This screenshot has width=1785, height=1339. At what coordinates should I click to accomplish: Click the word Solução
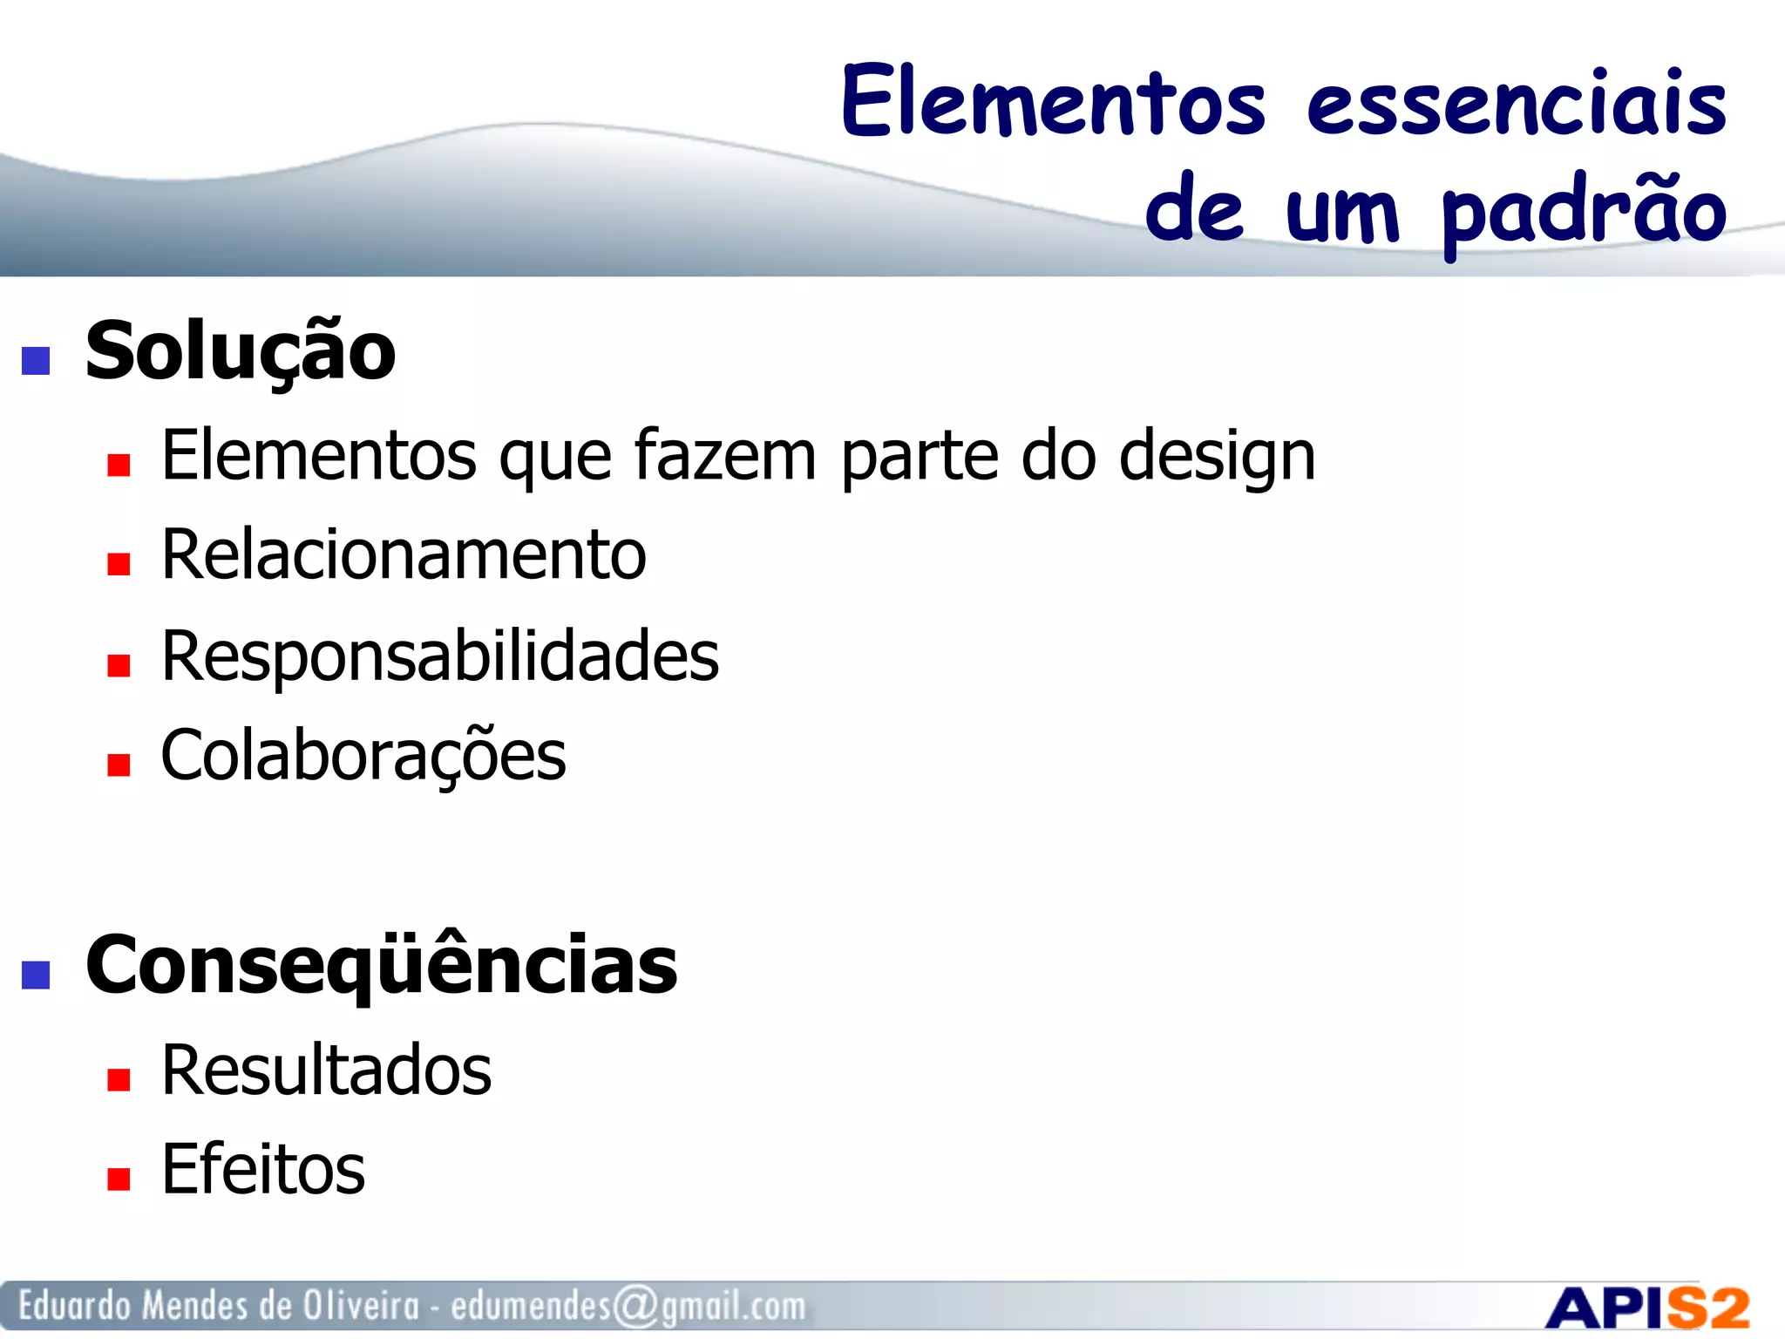pos(241,351)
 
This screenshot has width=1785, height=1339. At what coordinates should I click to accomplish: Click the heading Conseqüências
pos(381,965)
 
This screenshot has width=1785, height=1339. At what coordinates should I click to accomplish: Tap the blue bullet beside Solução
pos(36,360)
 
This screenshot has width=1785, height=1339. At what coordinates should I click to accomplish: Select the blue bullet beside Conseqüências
pos(36,974)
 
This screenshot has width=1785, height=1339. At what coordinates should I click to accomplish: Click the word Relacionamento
pos(404,555)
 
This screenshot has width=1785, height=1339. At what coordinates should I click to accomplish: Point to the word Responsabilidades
pos(440,656)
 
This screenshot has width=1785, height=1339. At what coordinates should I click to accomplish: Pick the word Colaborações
pos(363,755)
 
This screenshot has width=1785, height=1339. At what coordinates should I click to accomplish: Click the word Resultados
pos(327,1071)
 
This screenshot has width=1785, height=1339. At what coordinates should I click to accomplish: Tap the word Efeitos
pos(263,1170)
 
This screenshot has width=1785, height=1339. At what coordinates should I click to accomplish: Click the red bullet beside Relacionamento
pos(119,565)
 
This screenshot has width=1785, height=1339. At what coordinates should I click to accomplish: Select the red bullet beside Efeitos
pos(119,1179)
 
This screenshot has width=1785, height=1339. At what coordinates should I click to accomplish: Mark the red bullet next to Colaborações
pos(119,765)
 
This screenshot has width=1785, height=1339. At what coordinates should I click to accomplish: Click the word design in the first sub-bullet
pos(1217,457)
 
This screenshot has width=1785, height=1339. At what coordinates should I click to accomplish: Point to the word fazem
pos(725,455)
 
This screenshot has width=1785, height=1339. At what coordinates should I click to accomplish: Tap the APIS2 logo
pos(1647,1308)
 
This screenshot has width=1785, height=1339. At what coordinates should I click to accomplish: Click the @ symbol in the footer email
pos(635,1307)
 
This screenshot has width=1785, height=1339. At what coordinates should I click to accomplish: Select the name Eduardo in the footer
pos(76,1306)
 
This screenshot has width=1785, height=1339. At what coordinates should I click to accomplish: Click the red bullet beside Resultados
pos(119,1080)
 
